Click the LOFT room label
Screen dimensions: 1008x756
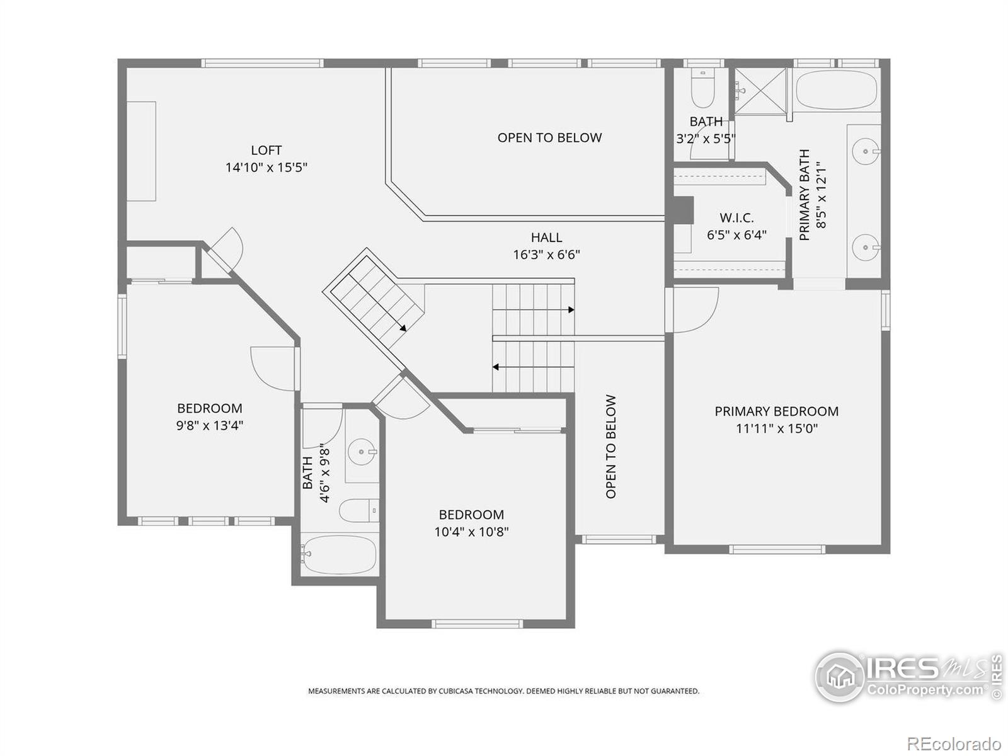click(266, 150)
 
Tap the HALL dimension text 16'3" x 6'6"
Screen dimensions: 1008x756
click(546, 255)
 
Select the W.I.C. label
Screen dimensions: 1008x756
click(736, 217)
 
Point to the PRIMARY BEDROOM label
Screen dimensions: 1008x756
click(777, 411)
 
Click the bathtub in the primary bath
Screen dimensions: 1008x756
click(836, 89)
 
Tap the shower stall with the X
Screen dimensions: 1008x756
click(760, 91)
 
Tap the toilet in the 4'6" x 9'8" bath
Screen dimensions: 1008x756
click(359, 510)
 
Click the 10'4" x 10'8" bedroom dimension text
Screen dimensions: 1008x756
click(472, 532)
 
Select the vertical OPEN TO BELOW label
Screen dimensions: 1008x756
click(610, 447)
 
